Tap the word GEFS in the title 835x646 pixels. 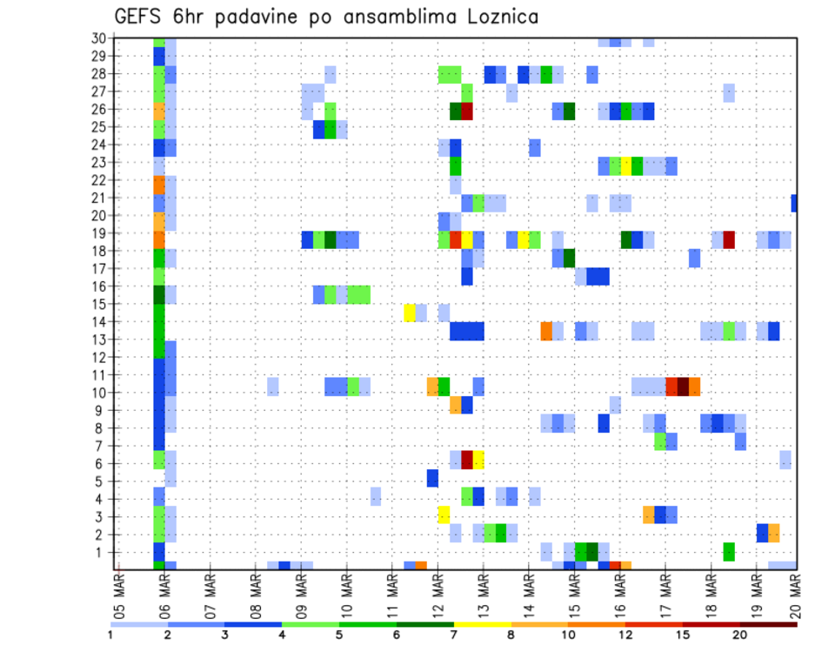pyautogui.click(x=139, y=17)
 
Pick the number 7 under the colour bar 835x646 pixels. pyautogui.click(x=454, y=634)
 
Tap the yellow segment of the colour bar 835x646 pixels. pyautogui.click(x=483, y=623)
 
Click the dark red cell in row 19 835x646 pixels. pyautogui.click(x=729, y=239)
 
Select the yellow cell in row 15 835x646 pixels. pyautogui.click(x=410, y=313)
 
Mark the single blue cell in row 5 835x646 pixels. pyautogui.click(x=432, y=479)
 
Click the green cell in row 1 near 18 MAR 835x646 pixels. pyautogui.click(x=729, y=552)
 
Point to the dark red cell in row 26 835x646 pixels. pyautogui.click(x=467, y=111)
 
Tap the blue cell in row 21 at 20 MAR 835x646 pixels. pyautogui.click(x=794, y=203)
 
